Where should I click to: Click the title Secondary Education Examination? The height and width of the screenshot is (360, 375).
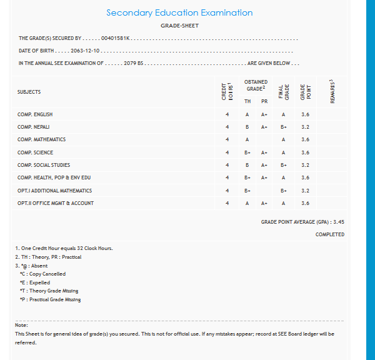click(179, 13)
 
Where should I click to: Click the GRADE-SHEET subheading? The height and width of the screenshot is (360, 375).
click(179, 26)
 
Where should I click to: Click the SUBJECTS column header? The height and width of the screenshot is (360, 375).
click(29, 92)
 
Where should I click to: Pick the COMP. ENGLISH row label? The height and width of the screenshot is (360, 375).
click(35, 114)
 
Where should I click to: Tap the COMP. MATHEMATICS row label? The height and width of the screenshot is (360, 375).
click(41, 139)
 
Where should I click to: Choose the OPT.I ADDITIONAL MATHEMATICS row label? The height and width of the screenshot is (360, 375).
click(54, 191)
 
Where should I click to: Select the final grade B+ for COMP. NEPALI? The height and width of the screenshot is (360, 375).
click(284, 127)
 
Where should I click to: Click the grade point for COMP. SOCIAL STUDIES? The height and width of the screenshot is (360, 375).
click(305, 165)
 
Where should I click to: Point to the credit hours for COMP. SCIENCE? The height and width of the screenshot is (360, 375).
click(227, 152)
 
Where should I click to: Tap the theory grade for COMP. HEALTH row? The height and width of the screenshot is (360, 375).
click(247, 177)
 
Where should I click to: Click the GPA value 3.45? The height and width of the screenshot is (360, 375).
click(339, 222)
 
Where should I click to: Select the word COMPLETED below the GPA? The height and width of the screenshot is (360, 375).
click(330, 234)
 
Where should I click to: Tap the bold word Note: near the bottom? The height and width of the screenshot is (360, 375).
click(21, 325)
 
